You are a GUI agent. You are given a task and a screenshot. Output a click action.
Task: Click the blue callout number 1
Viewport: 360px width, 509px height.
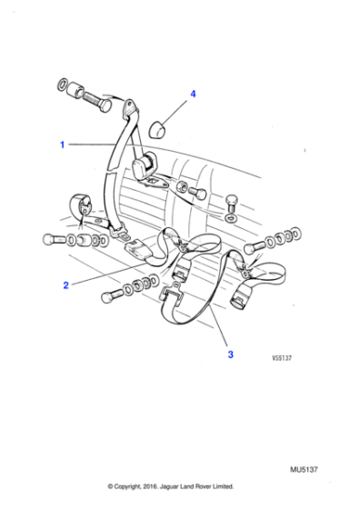pyautogui.click(x=63, y=145)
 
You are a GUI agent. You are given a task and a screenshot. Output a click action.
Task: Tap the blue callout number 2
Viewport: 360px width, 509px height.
pyautogui.click(x=65, y=285)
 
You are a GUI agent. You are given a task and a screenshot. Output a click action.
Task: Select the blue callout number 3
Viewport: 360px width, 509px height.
pyautogui.click(x=230, y=354)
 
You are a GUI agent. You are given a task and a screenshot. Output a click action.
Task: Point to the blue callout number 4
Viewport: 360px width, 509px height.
pyautogui.click(x=192, y=94)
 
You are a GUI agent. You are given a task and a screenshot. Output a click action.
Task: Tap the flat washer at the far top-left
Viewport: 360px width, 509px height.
pyautogui.click(x=61, y=86)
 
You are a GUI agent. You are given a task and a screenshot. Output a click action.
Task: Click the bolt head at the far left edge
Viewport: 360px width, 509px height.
pyautogui.click(x=47, y=240)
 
